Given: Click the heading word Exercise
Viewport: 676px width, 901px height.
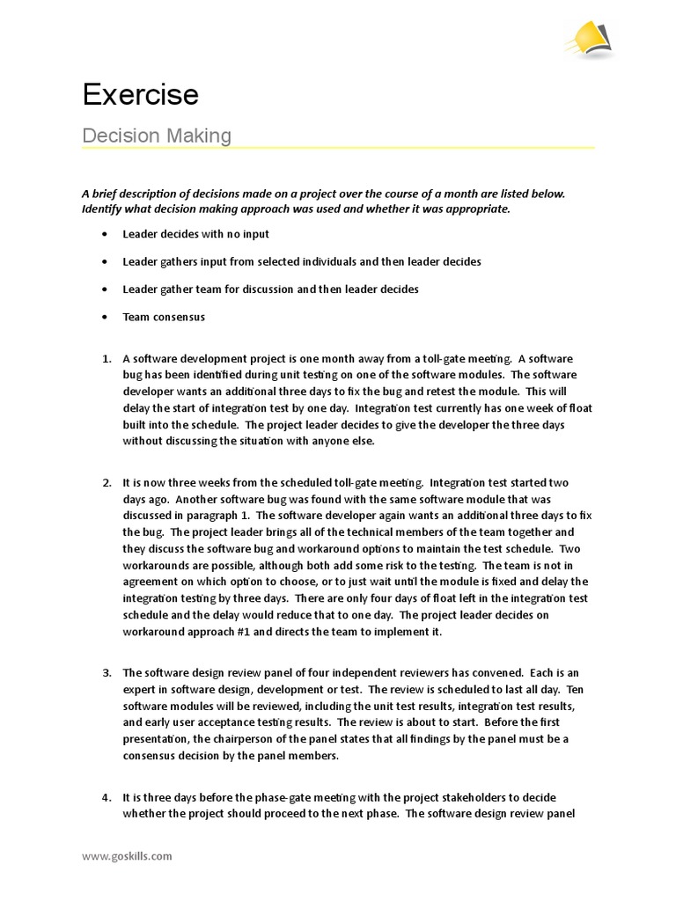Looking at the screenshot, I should (x=140, y=94).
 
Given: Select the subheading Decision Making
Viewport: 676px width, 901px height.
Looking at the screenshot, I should (x=157, y=136).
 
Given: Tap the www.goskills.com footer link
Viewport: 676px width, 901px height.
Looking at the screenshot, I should (x=127, y=855).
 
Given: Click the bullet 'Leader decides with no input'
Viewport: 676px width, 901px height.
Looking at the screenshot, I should (x=195, y=234).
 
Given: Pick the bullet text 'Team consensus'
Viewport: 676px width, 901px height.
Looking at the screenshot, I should (x=163, y=317).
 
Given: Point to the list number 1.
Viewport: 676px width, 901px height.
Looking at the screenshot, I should (x=106, y=358).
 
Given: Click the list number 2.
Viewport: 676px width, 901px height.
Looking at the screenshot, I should (x=106, y=482).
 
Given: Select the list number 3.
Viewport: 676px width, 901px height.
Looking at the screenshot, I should (x=106, y=673).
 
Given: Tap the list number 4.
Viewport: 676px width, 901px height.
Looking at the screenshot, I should (x=106, y=797).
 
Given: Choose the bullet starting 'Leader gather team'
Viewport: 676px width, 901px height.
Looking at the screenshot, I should (x=269, y=289).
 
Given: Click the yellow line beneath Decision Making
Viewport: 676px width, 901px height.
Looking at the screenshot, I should (x=338, y=148).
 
